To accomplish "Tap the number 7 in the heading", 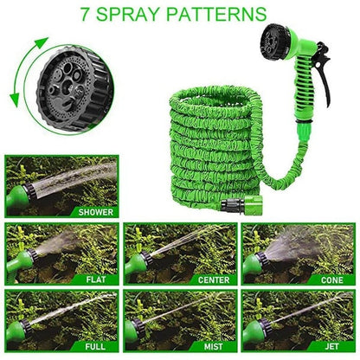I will (107, 15).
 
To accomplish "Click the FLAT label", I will (96, 280).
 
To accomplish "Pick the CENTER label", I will (213, 280).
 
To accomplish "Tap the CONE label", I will (331, 280).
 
